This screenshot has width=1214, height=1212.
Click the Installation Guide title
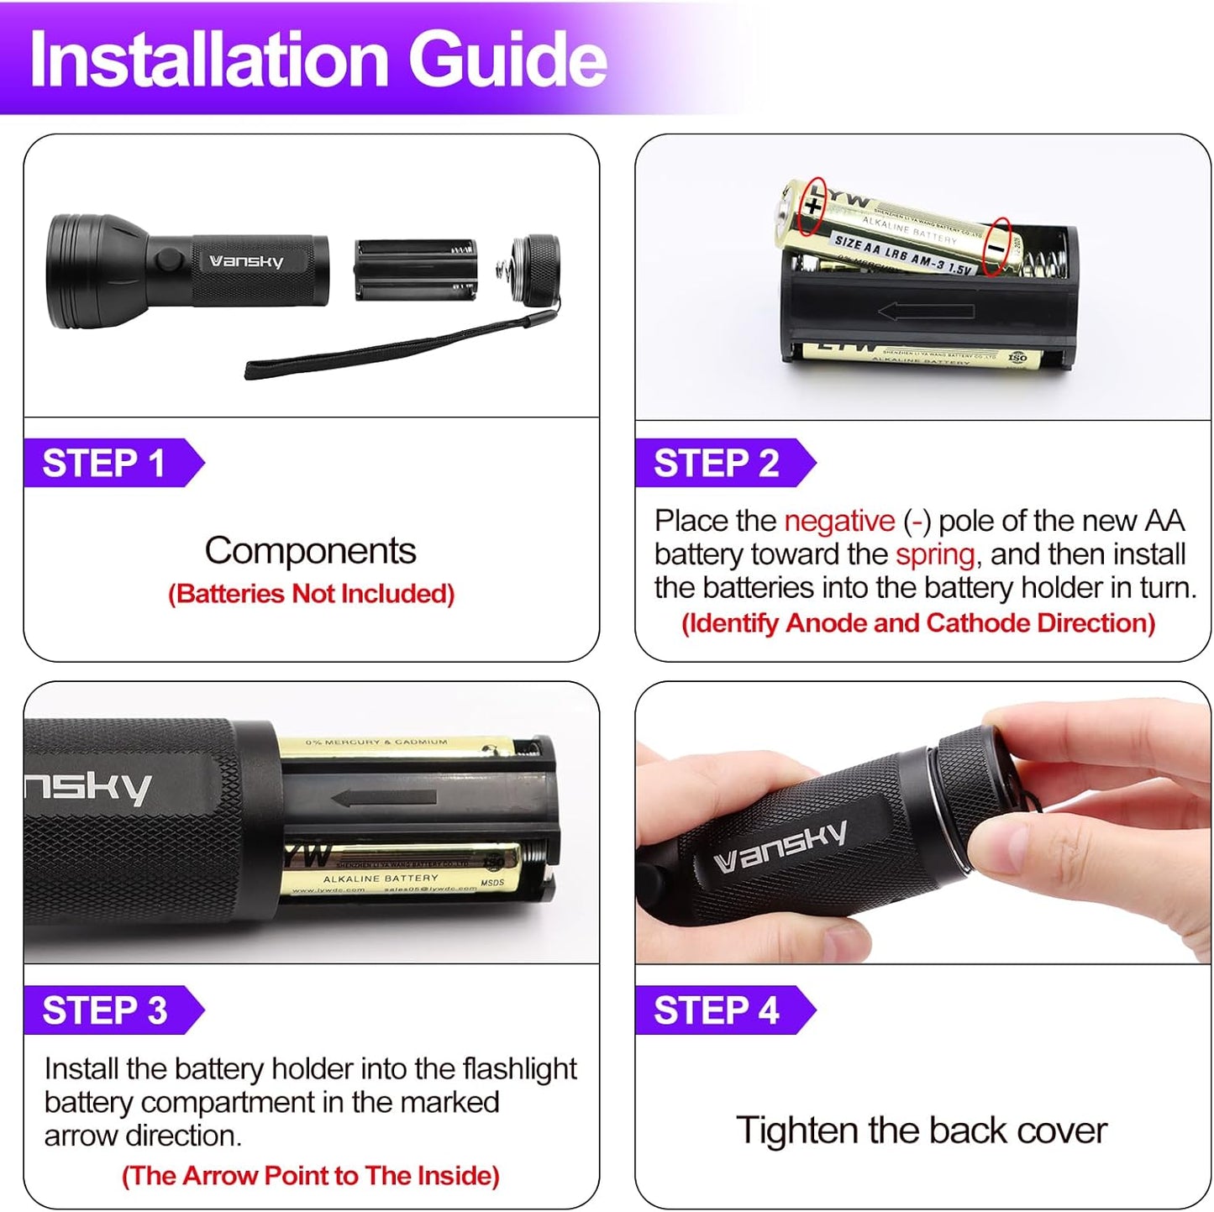[x=318, y=60]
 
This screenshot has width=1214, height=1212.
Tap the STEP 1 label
[x=104, y=464]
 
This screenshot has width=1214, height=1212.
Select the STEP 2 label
[x=716, y=464]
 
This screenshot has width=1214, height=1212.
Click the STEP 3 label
[x=105, y=1010]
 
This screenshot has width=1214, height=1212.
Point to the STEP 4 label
[x=716, y=1010]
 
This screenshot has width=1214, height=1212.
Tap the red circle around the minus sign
[x=996, y=247]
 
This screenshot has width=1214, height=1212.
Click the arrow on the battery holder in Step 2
[x=925, y=312]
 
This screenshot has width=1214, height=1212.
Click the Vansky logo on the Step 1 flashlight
[x=246, y=261]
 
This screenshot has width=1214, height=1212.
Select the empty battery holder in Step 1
[x=415, y=270]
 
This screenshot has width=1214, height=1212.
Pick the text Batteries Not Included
[x=311, y=594]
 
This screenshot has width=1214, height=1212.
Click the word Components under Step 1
[x=310, y=551]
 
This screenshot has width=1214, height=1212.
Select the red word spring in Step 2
[x=934, y=554]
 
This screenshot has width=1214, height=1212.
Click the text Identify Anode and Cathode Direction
[x=918, y=623]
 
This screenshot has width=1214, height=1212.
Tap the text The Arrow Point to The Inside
[x=311, y=1176]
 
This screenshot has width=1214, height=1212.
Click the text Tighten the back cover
[x=921, y=1131]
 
